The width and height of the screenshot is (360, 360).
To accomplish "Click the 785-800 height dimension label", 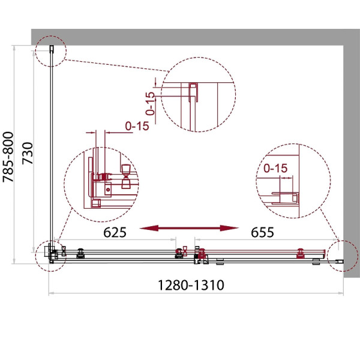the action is pyautogui.click(x=8, y=157).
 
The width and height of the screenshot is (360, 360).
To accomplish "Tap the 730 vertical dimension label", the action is pyautogui.click(x=28, y=154).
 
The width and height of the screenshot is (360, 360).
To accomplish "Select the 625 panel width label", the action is pyautogui.click(x=115, y=232).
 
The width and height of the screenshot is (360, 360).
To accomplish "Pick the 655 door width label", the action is pyautogui.click(x=262, y=232).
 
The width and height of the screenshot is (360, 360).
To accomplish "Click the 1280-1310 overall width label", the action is pyautogui.click(x=191, y=285).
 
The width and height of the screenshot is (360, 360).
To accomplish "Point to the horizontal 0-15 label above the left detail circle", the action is pyautogui.click(x=137, y=126).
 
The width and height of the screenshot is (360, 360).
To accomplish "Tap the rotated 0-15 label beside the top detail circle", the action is pyautogui.click(x=151, y=104).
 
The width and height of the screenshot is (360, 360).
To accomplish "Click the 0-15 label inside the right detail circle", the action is pyautogui.click(x=275, y=168).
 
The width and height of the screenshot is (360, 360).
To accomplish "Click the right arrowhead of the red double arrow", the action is pyautogui.click(x=229, y=228).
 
